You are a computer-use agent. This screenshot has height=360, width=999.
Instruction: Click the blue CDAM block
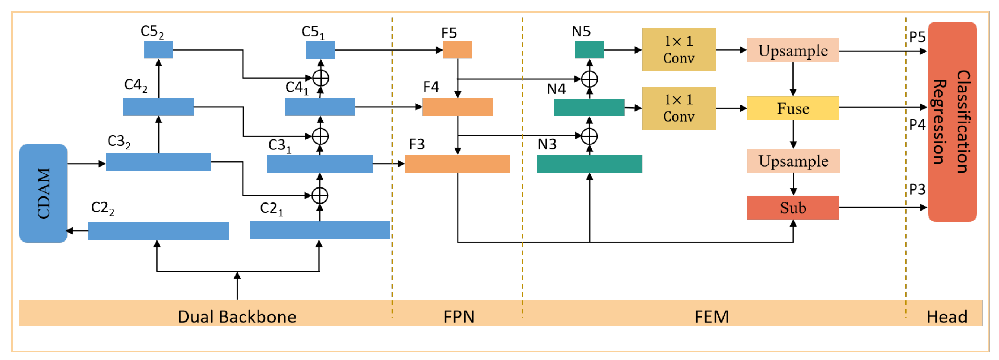43,193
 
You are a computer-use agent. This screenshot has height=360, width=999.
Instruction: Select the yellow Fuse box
793,108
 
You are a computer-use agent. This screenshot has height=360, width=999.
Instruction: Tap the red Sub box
793,208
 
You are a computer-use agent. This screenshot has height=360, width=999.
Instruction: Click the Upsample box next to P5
793,50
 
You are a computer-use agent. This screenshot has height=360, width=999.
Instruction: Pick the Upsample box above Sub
793,161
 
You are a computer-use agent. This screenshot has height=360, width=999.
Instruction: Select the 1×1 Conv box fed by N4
678,108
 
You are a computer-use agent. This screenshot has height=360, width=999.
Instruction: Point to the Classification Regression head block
952,122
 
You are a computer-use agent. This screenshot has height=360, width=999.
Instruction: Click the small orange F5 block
457,50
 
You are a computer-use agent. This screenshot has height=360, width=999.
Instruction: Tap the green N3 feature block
589,163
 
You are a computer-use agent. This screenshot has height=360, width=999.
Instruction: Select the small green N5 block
589,50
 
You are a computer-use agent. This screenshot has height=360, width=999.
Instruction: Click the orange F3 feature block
457,163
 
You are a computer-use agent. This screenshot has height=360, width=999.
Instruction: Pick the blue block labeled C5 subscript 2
158,50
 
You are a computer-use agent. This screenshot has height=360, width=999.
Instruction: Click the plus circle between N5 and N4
589,79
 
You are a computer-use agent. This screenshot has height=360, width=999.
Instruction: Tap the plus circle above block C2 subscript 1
320,195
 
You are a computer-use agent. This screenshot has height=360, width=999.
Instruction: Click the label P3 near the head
917,189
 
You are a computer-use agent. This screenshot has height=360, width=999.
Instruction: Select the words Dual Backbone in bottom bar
237,317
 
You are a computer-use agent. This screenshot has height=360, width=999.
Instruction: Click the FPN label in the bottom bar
459,317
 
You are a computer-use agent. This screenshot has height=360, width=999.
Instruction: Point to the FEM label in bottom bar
711,317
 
